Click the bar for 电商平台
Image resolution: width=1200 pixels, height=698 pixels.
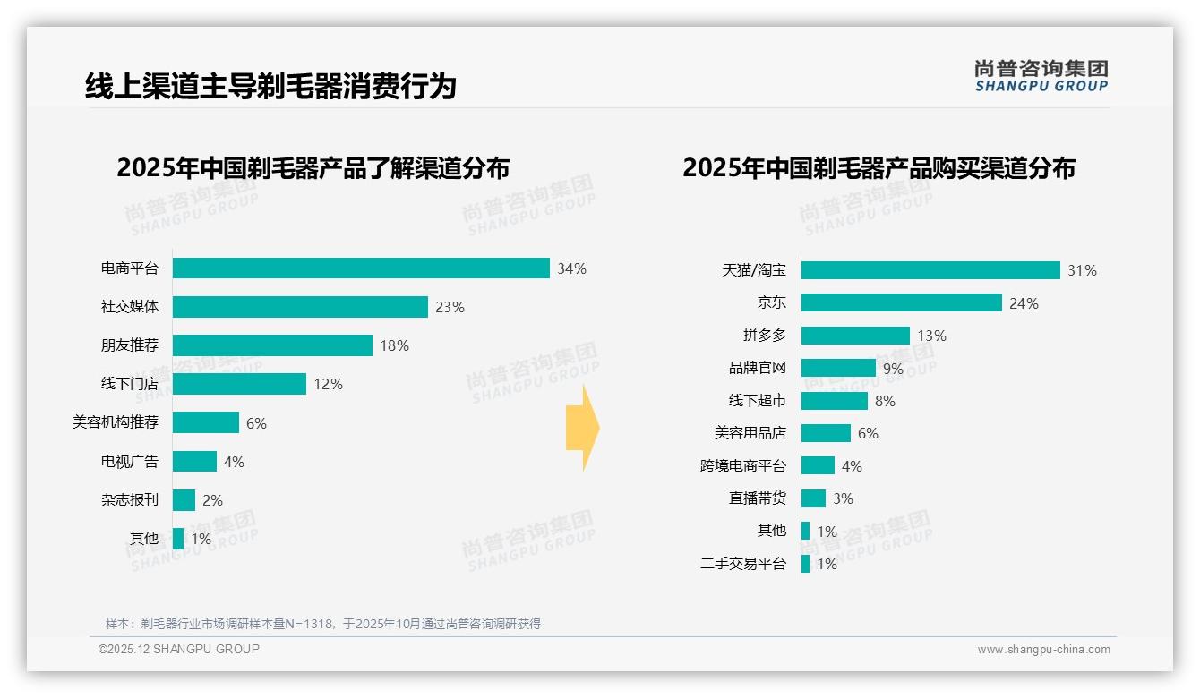(361, 268)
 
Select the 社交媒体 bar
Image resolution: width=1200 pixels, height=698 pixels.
(300, 307)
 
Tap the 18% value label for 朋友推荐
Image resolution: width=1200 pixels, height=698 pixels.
(394, 345)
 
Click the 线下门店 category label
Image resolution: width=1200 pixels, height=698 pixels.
(130, 384)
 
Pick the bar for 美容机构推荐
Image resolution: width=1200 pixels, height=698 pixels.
(206, 422)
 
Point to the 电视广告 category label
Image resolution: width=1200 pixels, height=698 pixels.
(130, 461)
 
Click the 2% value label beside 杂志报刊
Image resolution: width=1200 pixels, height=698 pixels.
(212, 500)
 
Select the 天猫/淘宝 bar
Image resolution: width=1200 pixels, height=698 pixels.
(930, 270)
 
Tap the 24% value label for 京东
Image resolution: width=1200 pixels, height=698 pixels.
(1024, 303)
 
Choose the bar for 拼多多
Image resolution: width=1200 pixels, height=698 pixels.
(855, 336)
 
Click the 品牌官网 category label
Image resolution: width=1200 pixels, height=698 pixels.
(758, 368)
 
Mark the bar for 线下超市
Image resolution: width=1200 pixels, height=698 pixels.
(835, 401)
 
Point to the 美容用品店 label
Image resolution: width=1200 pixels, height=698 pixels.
(750, 433)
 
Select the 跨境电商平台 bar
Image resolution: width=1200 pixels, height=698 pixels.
(818, 465)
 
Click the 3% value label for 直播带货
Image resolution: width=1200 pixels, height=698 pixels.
(843, 498)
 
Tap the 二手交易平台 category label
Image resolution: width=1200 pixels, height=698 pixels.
(743, 564)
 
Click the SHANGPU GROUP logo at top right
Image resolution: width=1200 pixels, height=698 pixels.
(1041, 75)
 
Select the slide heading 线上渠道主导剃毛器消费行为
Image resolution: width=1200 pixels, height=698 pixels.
(270, 86)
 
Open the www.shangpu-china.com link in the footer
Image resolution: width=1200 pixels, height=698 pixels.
(1043, 650)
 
